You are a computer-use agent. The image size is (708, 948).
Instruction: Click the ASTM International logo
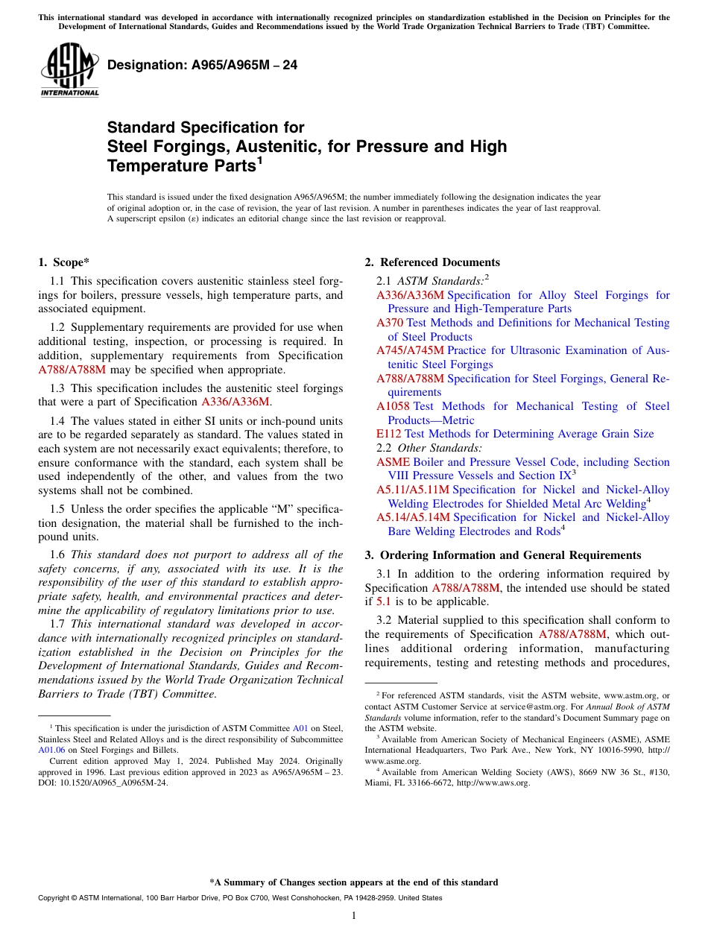(69, 70)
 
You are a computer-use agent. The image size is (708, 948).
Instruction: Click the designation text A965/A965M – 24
(202, 65)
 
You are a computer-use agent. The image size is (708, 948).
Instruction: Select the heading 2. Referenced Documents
(432, 262)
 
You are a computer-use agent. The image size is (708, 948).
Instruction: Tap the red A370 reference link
(390, 323)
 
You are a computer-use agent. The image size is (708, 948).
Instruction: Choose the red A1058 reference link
(393, 406)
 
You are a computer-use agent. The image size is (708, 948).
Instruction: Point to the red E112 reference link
(389, 434)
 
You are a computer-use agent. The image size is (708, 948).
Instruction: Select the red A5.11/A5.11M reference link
(413, 490)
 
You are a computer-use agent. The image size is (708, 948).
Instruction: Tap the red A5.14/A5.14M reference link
(413, 517)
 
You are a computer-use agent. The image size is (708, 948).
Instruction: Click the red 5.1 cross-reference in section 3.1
(383, 601)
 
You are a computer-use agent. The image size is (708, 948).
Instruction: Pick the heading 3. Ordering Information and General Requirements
(503, 555)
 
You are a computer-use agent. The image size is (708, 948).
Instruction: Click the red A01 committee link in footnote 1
(300, 728)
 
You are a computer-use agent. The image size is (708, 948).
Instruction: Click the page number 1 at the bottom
(354, 915)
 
